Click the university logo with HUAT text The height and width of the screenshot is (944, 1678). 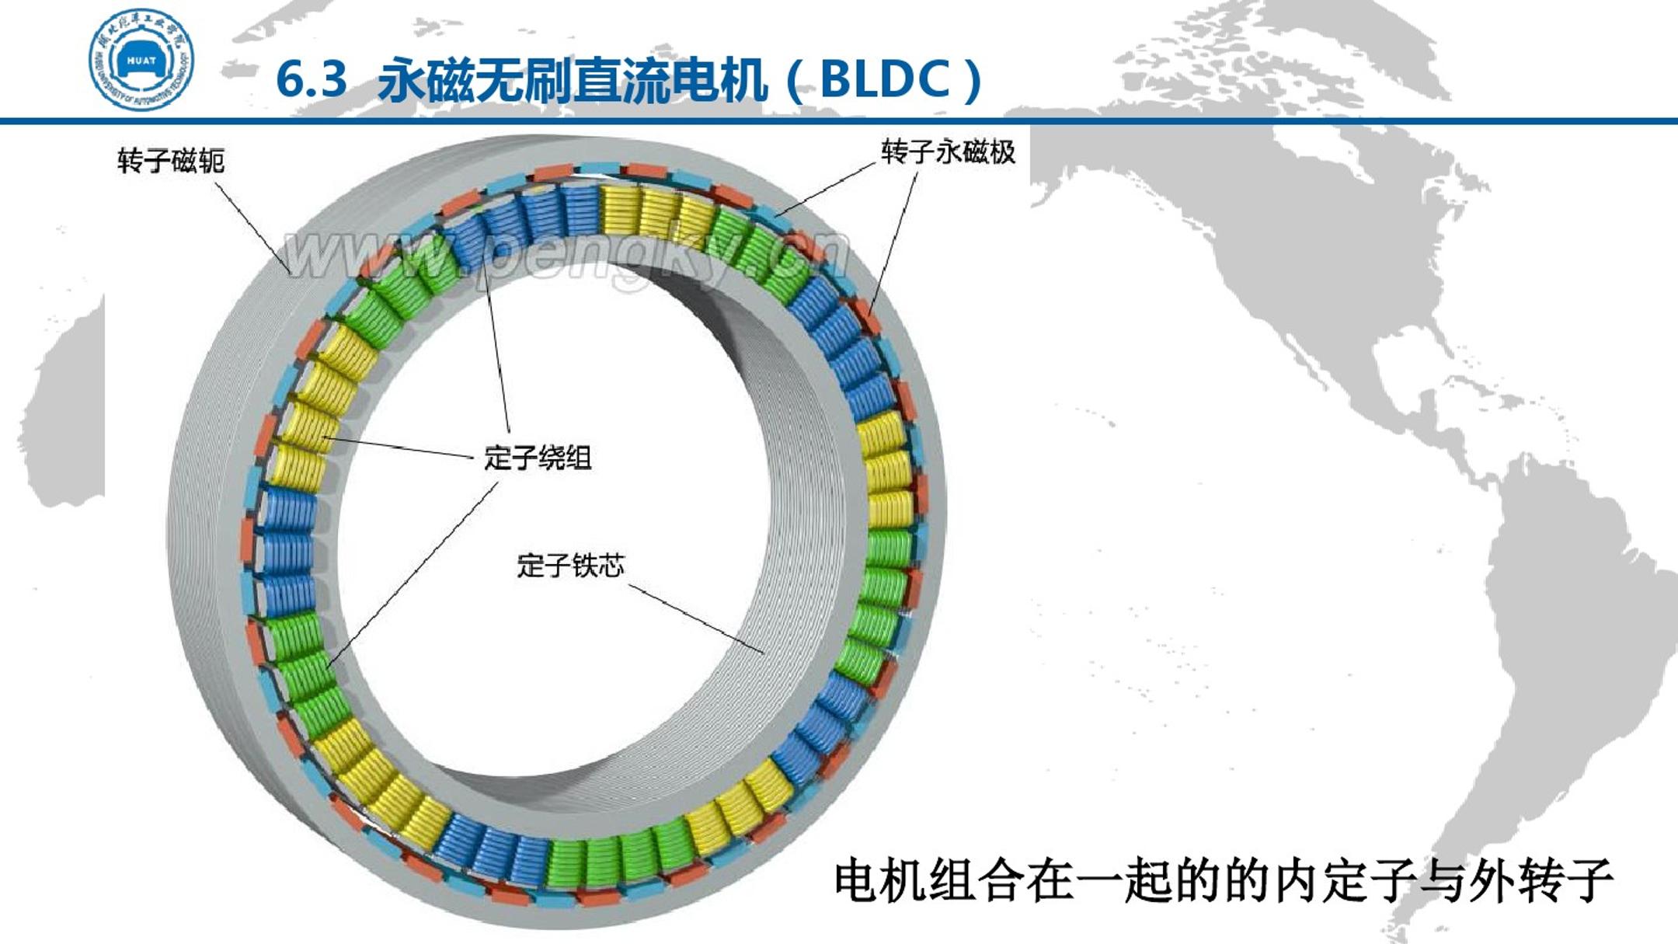pos(141,61)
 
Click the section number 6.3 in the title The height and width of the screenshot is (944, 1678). pos(312,80)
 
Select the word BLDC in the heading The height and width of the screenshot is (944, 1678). pos(885,79)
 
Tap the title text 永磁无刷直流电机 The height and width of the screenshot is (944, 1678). pos(572,80)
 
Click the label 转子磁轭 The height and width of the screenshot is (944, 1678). pos(171,161)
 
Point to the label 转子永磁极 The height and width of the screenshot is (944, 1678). pos(948,152)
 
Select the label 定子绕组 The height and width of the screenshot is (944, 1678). pos(538,457)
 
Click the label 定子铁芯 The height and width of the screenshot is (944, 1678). pos(571,565)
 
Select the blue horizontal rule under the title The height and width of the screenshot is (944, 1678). pos(839,121)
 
